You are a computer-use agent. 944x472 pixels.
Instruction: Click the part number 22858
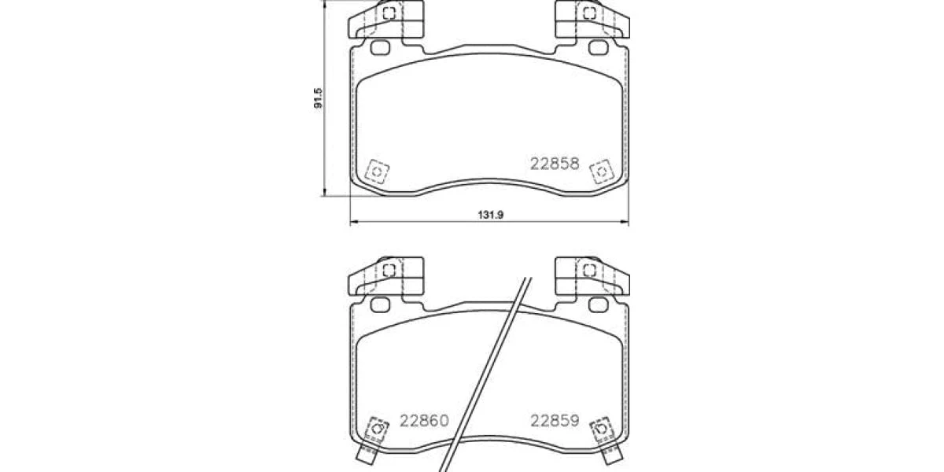tap(555, 164)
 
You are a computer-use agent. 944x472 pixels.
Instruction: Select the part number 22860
tap(424, 421)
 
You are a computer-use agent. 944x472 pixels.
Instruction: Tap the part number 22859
tap(555, 421)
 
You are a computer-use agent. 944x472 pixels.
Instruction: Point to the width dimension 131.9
tap(491, 215)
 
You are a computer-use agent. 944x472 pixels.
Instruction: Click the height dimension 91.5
tap(318, 98)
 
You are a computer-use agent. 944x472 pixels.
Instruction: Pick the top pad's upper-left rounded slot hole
tap(380, 48)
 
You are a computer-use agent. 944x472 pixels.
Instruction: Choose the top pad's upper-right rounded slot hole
tap(599, 48)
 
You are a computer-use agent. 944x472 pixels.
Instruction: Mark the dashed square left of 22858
tap(377, 171)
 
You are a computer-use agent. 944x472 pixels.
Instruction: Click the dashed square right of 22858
tap(601, 171)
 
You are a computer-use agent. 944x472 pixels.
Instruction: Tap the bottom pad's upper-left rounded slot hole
tap(380, 304)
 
